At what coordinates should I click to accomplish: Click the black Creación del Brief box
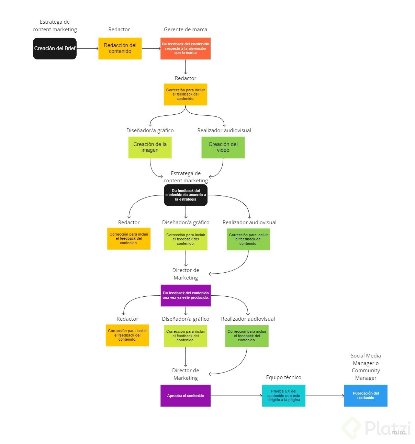tap(55, 48)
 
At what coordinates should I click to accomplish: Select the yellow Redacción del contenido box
tap(120, 48)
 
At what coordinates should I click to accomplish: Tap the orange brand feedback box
tap(186, 48)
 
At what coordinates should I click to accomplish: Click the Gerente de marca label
tap(186, 30)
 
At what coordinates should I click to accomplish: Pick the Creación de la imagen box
tap(150, 147)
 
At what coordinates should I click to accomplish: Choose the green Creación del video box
tap(223, 147)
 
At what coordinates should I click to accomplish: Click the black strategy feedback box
tap(186, 195)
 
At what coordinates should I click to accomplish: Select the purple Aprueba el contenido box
tap(186, 396)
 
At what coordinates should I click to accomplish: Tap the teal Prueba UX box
tap(283, 396)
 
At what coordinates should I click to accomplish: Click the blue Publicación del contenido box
tap(366, 396)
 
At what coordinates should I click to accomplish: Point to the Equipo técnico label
tap(283, 377)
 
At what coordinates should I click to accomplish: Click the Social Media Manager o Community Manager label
tap(366, 367)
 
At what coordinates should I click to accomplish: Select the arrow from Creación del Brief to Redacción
tap(87, 48)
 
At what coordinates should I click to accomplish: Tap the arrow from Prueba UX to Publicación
tap(325, 396)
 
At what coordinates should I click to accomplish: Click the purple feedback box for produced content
tap(186, 295)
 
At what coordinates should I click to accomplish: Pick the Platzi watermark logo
tap(377, 428)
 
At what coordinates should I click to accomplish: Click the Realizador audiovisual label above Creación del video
tap(224, 130)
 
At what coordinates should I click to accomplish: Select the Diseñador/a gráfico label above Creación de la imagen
tap(150, 130)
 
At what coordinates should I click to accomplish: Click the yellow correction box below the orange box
tap(186, 94)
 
